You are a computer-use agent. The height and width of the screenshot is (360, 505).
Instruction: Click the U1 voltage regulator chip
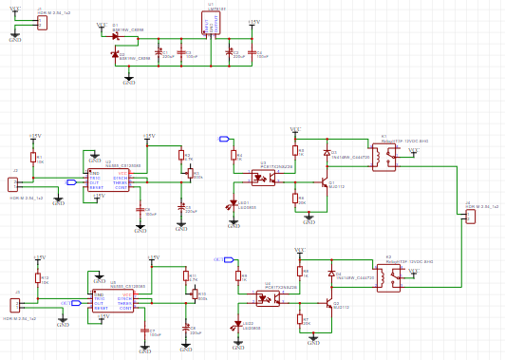[x=210, y=23]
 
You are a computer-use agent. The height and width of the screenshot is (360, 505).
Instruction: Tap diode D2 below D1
[x=115, y=54]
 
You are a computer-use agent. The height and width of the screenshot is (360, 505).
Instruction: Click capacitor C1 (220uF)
[x=158, y=53]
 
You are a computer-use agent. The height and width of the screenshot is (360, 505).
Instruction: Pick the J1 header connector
[x=42, y=22]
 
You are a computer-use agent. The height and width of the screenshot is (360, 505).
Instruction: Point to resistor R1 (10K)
[x=33, y=158]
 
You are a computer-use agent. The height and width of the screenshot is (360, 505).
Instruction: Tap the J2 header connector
[x=13, y=183]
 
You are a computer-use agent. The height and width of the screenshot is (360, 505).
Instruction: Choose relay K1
[x=383, y=158]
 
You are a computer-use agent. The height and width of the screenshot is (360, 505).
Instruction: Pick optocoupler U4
[x=268, y=298]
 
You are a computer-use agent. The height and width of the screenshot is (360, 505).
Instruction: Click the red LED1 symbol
[x=233, y=204]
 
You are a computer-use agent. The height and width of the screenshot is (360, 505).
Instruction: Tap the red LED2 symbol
[x=237, y=327]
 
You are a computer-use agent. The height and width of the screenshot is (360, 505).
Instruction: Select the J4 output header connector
[x=470, y=217]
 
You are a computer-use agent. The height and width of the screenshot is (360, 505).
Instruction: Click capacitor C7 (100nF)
[x=144, y=332]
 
